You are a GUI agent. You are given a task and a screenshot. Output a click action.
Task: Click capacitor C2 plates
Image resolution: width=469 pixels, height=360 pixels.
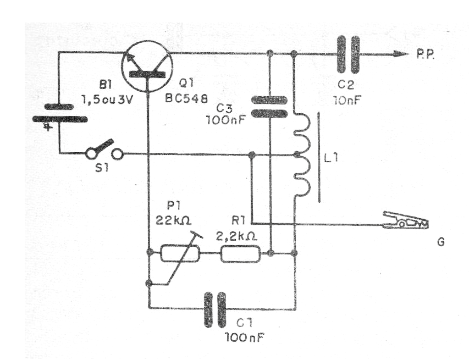coord(347,54)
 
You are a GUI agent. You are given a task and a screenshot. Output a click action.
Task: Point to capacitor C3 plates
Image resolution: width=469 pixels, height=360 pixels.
coord(269,107)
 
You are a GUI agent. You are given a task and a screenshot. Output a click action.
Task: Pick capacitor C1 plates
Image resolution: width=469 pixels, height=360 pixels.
coord(215,309)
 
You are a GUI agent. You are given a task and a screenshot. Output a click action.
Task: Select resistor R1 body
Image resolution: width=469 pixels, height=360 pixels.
coord(240,253)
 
